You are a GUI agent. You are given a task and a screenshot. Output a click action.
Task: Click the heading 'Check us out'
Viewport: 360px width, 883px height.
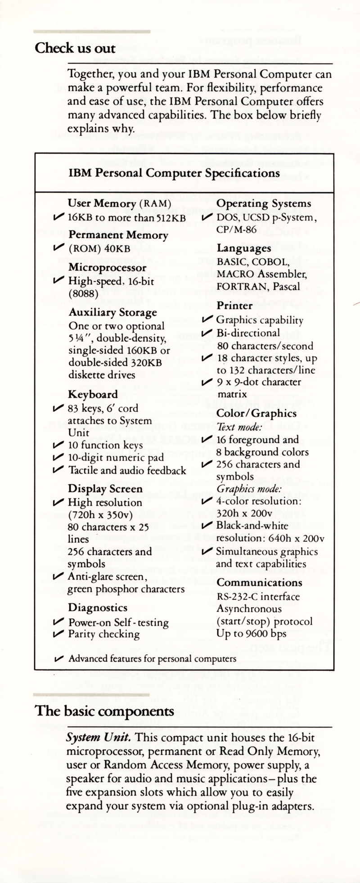pos(75,48)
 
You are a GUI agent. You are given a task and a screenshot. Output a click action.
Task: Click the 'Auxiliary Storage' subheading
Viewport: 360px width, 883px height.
pos(112,312)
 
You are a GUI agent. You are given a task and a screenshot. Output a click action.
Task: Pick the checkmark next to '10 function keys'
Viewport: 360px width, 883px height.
pos(58,445)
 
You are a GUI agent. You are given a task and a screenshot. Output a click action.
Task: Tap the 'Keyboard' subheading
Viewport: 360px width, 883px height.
pos(93,395)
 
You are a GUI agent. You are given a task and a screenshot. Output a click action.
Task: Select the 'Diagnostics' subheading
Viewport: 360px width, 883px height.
pos(98,608)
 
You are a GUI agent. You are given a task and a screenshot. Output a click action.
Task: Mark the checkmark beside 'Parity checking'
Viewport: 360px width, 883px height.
pos(58,634)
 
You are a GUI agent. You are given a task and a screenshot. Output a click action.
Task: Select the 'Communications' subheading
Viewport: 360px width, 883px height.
pos(260,582)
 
